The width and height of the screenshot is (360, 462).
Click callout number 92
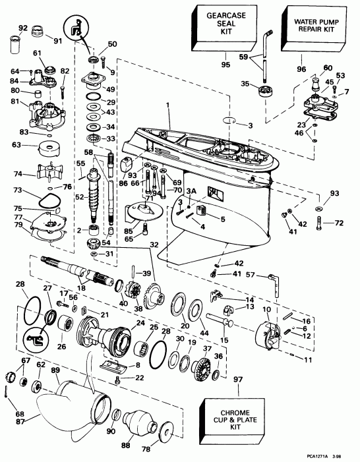(22, 28)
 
